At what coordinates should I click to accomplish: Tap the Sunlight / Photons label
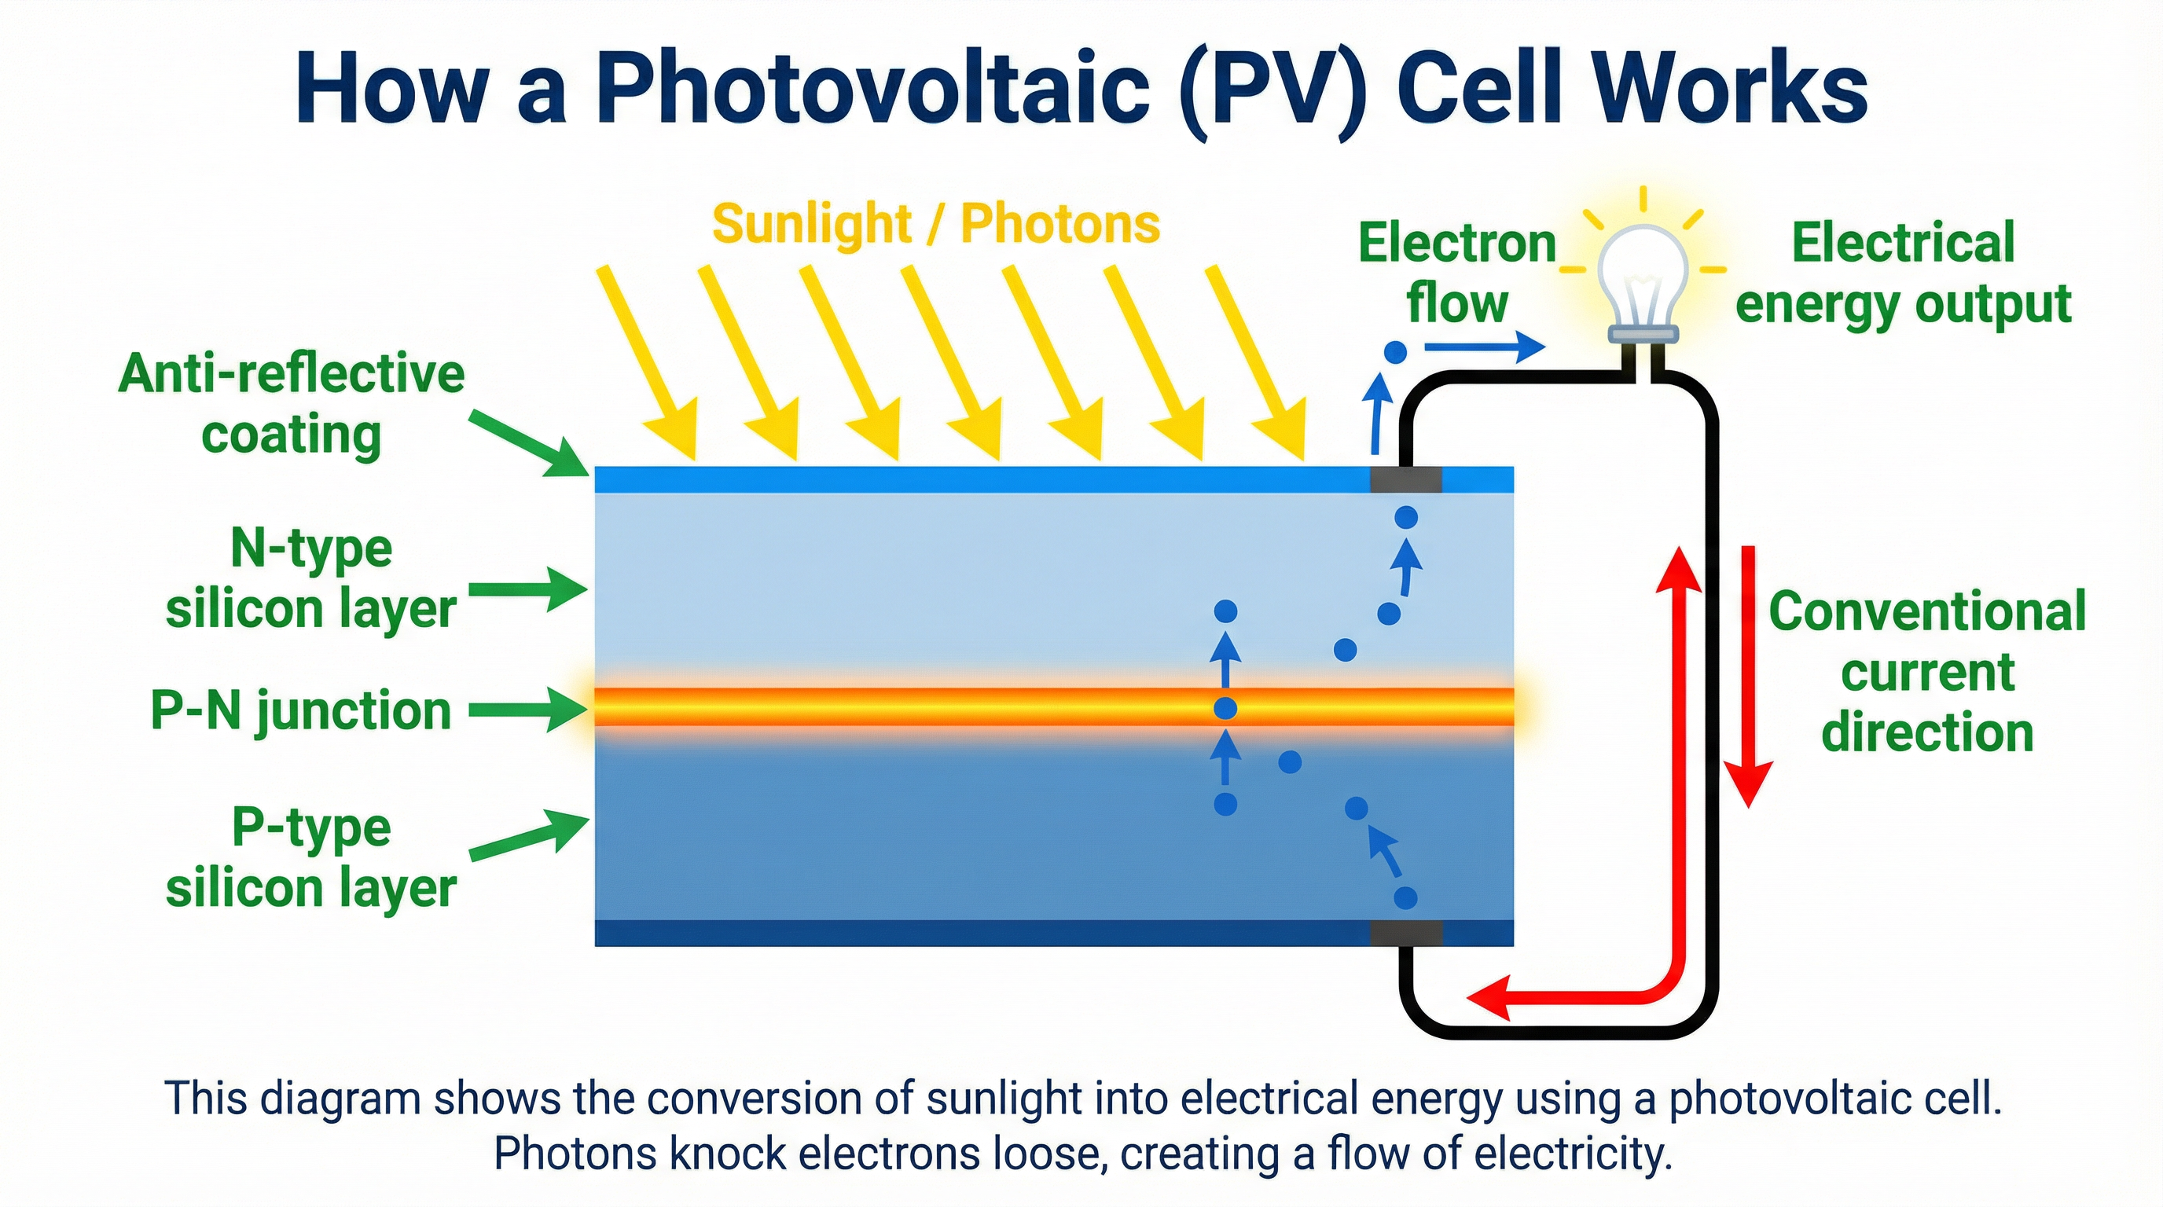935,224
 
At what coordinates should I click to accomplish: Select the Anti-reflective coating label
292,404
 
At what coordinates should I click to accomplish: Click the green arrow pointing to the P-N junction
527,710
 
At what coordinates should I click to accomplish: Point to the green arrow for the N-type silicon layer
527,589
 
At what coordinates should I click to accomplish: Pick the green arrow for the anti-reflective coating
529,443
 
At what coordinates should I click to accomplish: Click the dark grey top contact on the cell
1405,479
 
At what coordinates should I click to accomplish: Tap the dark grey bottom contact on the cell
1405,933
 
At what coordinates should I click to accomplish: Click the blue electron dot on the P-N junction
1226,710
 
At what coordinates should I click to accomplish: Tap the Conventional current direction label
1927,672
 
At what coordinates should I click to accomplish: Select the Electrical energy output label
1903,273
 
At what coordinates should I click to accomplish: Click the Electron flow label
1458,273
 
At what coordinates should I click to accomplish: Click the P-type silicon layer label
310,858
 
